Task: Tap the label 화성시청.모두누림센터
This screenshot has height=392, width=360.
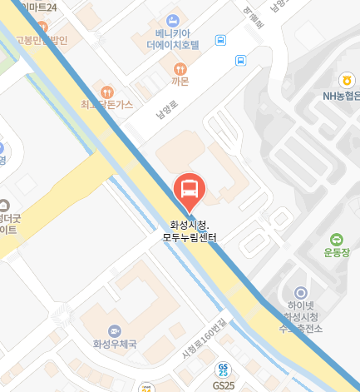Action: click(190, 231)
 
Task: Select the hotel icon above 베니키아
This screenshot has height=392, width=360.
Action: click(173, 19)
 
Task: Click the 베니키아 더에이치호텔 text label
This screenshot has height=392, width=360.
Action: click(173, 38)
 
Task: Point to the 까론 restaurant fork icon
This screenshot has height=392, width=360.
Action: click(178, 68)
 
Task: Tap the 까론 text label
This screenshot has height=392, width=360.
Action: click(179, 82)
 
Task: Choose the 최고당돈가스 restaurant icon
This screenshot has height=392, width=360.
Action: click(106, 91)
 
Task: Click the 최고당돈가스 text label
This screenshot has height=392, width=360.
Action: click(106, 104)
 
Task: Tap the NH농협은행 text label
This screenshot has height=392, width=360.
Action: click(341, 95)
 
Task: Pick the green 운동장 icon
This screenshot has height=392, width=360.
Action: click(337, 239)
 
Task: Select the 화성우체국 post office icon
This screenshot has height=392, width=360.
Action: click(114, 330)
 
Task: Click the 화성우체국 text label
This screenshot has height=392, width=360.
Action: click(115, 344)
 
